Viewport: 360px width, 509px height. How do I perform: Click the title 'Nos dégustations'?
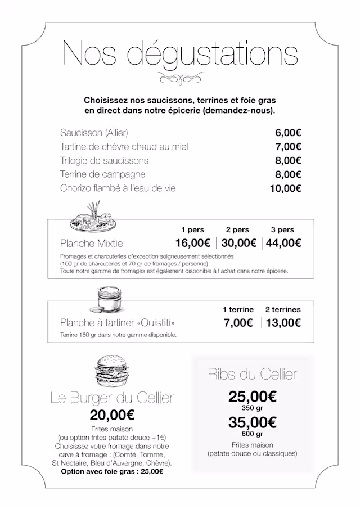180,54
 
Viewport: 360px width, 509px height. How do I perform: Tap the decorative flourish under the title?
180,78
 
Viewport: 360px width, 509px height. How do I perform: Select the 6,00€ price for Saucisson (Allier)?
288,133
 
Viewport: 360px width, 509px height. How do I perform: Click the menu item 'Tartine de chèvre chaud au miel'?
124,147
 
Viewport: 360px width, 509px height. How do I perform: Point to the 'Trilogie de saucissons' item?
104,161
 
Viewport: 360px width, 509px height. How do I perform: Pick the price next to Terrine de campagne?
288,174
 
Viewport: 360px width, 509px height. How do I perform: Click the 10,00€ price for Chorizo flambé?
286,188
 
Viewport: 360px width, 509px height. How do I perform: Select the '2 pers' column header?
237,230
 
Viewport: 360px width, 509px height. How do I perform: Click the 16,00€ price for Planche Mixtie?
193,244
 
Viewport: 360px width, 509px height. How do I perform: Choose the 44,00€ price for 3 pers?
283,244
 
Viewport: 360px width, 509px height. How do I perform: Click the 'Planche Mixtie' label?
91,244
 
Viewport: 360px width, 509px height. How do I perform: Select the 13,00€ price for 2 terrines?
283,323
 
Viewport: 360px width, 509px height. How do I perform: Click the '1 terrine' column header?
238,309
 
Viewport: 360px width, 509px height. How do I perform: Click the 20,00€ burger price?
112,416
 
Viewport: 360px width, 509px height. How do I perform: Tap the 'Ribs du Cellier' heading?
252,374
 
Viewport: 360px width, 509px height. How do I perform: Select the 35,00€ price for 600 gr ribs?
252,422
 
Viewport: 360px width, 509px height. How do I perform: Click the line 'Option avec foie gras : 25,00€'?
112,471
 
